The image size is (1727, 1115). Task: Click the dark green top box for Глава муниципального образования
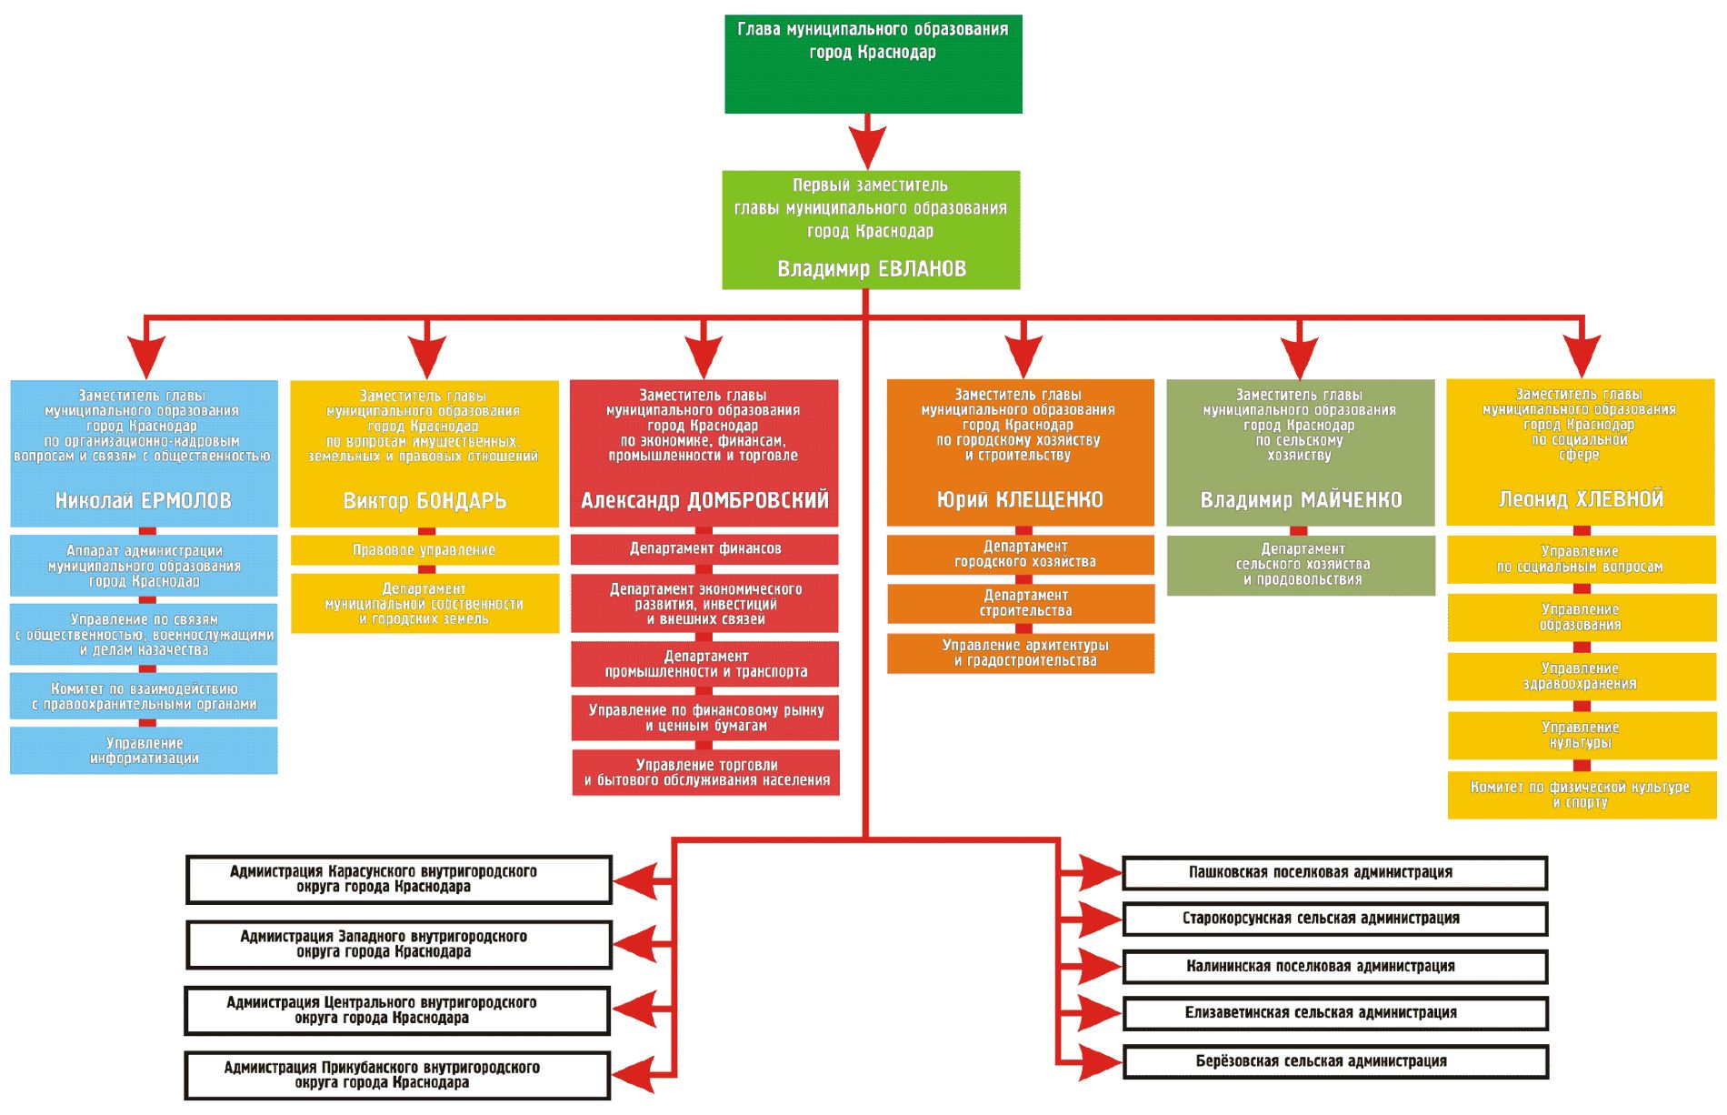(873, 64)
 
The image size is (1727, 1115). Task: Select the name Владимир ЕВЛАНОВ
(871, 269)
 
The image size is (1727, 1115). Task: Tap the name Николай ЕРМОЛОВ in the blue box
(144, 501)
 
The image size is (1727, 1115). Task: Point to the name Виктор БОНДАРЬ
(424, 501)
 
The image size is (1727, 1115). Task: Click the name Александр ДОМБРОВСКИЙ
(704, 500)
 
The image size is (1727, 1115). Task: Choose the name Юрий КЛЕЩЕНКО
(1020, 499)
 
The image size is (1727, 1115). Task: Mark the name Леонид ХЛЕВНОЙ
(1581, 499)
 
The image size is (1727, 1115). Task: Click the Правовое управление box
(424, 550)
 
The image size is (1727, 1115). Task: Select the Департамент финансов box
(704, 548)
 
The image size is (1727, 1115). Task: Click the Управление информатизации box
(144, 750)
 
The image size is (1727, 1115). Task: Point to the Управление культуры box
(1581, 735)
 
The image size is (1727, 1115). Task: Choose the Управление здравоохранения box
(1581, 676)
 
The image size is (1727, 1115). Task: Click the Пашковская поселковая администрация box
(1334, 873)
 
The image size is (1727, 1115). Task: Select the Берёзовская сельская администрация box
(1334, 1061)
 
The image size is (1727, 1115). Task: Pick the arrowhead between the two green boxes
(867, 146)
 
